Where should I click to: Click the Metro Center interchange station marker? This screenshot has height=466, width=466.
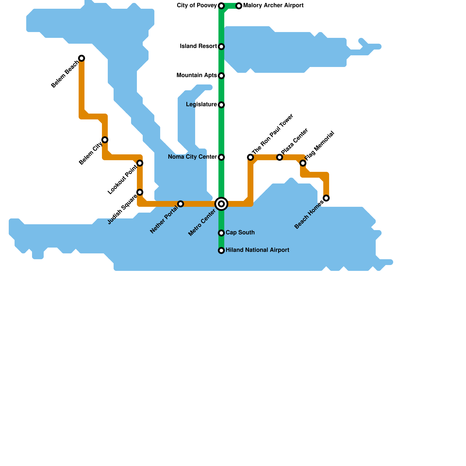click(x=221, y=204)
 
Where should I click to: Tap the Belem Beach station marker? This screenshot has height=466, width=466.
click(x=82, y=58)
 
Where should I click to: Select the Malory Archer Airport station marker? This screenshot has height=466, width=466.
click(x=239, y=6)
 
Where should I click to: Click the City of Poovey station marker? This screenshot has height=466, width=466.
click(x=221, y=6)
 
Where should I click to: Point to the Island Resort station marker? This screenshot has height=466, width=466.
click(x=221, y=47)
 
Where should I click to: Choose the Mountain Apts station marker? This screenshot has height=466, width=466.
click(x=221, y=76)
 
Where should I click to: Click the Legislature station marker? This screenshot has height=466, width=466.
click(x=221, y=105)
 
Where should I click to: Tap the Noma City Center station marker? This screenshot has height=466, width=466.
click(x=221, y=157)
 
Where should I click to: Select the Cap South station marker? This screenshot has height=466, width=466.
click(x=221, y=233)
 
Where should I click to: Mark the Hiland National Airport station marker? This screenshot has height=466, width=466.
click(x=221, y=250)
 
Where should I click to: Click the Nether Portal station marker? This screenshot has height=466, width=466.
click(x=181, y=204)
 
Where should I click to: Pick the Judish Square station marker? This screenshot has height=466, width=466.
click(x=140, y=192)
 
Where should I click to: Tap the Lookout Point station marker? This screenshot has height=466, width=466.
click(x=140, y=163)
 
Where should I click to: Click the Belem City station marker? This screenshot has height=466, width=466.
click(x=105, y=140)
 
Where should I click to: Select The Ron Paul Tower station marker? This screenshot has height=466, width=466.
click(x=250, y=157)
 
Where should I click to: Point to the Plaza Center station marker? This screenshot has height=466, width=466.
click(x=280, y=157)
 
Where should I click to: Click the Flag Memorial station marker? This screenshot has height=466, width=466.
click(x=303, y=163)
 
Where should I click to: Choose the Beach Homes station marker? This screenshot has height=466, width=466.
click(x=326, y=198)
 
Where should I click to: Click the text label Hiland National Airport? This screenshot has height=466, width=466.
click(x=257, y=250)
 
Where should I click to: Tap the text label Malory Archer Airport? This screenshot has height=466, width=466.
click(x=273, y=6)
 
